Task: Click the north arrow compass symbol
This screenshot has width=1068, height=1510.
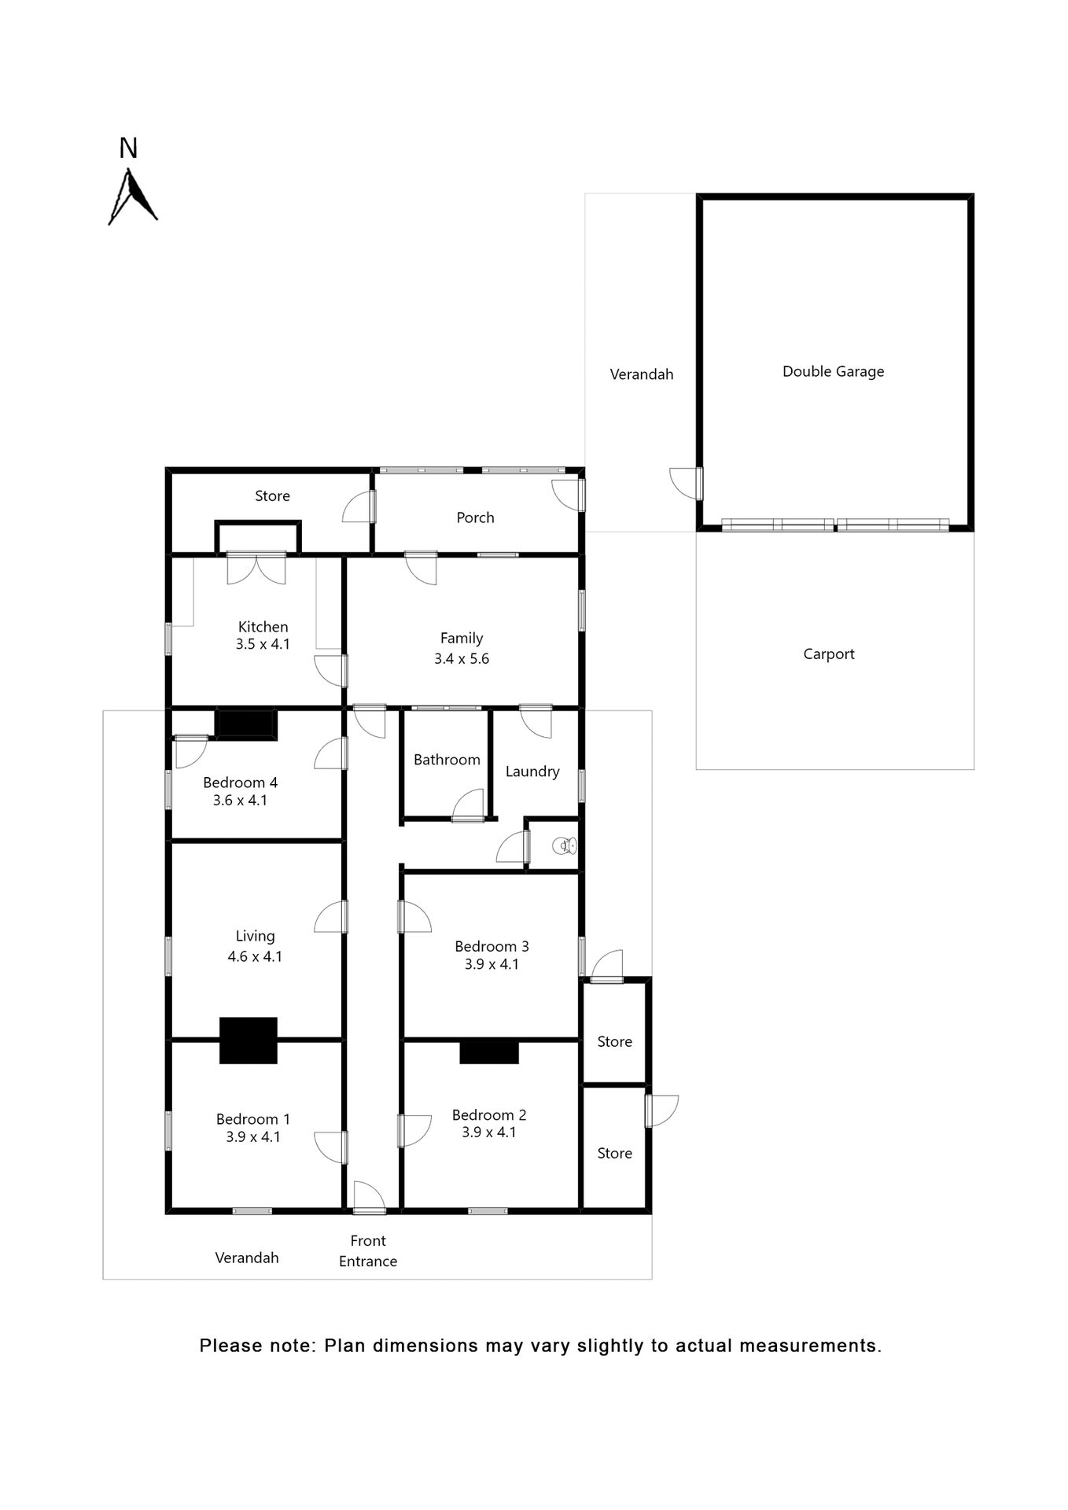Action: tap(132, 197)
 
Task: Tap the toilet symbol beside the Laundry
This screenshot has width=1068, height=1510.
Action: tap(565, 845)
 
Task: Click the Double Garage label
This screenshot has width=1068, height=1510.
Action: tap(833, 371)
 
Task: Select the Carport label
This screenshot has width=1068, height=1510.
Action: tap(828, 654)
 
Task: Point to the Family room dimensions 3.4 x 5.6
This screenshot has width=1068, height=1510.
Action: tap(462, 659)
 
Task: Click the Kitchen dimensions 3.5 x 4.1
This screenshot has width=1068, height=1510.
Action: tap(263, 644)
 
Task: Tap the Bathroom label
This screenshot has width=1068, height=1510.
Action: tap(447, 760)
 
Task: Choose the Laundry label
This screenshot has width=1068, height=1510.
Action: tap(532, 772)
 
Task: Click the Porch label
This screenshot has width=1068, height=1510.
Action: tap(475, 517)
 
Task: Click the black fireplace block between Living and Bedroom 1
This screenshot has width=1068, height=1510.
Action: tap(248, 1040)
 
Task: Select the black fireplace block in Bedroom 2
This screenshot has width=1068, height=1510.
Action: tap(488, 1051)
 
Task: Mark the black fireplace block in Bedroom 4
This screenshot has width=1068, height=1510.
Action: tap(245, 724)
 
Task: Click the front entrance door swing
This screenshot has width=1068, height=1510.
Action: tap(369, 1196)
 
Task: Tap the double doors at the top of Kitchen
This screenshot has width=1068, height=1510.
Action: tap(256, 569)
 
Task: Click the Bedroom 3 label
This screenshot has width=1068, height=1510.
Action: tap(492, 946)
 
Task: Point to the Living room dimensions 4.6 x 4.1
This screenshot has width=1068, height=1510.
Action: tap(255, 956)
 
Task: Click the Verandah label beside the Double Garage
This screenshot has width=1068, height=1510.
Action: tap(642, 374)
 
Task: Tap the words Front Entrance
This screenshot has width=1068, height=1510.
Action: tap(368, 1250)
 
